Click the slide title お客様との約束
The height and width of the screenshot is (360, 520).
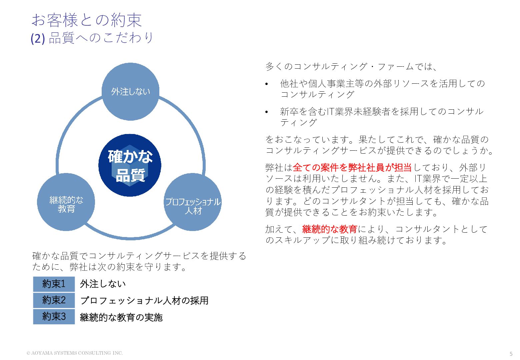(x=87, y=20)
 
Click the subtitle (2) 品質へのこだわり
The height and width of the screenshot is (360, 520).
(x=92, y=38)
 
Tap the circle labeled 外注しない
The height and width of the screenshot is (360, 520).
(x=130, y=92)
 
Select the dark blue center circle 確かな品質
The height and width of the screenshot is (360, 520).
(x=130, y=165)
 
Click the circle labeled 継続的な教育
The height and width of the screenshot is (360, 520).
(x=66, y=202)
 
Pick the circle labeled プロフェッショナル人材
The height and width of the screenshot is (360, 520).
(x=193, y=202)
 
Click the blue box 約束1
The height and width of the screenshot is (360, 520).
(x=54, y=284)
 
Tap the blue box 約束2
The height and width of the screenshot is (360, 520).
(x=54, y=300)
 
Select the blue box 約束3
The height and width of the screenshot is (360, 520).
(x=54, y=316)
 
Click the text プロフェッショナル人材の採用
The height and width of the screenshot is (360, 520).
(x=144, y=301)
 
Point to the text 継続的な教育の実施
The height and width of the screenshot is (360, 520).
(x=121, y=317)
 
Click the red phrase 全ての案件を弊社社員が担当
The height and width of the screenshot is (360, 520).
(x=352, y=167)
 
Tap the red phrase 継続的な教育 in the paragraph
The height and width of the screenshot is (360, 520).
(x=330, y=229)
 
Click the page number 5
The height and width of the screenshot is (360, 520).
(x=511, y=354)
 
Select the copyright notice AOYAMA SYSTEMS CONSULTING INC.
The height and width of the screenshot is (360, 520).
(x=75, y=353)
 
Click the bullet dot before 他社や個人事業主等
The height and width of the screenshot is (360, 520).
(x=266, y=84)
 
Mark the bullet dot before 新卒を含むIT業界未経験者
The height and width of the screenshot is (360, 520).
(x=266, y=112)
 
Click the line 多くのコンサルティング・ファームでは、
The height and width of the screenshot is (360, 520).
(x=351, y=66)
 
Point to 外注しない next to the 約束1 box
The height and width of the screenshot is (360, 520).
(x=103, y=284)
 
